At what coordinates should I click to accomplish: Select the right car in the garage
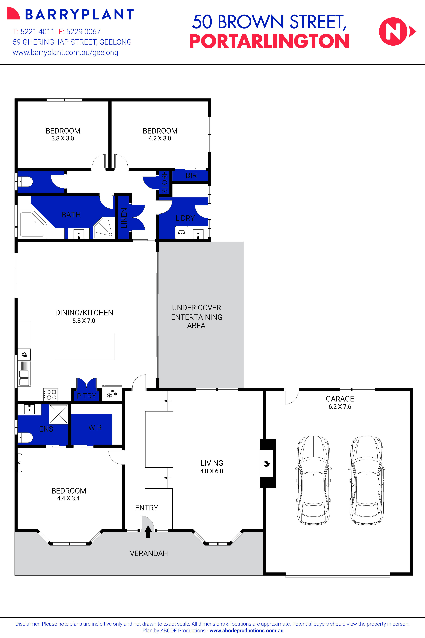tap(367, 481)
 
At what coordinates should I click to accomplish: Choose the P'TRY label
tap(86, 396)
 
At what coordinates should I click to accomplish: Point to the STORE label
tap(164, 182)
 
